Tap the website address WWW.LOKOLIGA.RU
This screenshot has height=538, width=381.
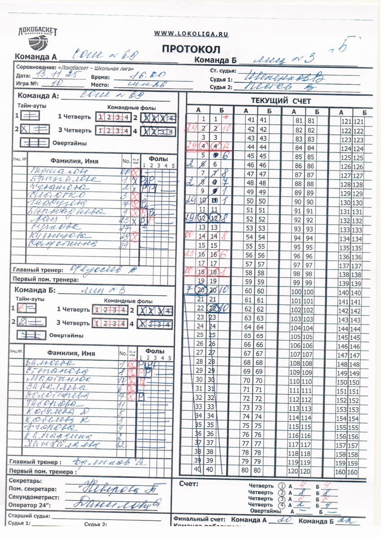[x=191, y=34]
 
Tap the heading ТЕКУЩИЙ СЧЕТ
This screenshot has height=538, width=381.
[x=281, y=101]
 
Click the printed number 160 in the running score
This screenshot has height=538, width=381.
[x=341, y=472]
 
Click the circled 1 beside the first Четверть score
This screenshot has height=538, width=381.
[x=281, y=486]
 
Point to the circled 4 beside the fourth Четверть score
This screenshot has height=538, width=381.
[x=281, y=505]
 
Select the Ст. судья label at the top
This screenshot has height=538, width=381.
[x=223, y=71]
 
